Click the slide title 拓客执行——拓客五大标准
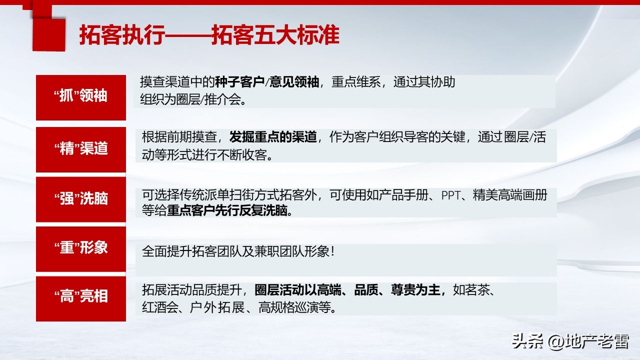(209, 36)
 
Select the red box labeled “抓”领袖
(80, 96)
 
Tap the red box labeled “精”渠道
(80, 148)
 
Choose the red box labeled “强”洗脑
(80, 198)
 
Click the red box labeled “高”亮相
(80, 297)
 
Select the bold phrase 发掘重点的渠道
(272, 137)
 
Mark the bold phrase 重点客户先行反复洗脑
(229, 211)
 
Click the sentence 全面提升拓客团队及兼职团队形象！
(238, 251)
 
